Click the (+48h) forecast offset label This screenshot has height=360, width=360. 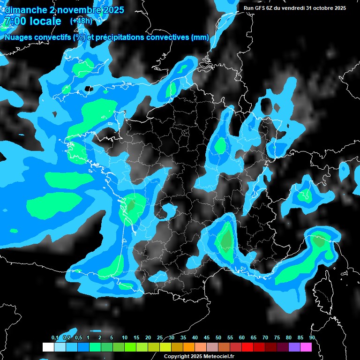coord(81,21)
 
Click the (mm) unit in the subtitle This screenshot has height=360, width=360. coord(200,37)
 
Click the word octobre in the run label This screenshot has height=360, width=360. coord(321,8)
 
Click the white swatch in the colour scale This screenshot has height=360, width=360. coord(48,347)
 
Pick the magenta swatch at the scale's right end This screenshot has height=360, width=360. coord(306,347)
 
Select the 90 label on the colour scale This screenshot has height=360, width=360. coord(312,337)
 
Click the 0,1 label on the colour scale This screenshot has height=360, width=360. coord(55,337)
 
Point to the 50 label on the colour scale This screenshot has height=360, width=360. coord(218,337)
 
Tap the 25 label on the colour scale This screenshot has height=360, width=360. coord(160,337)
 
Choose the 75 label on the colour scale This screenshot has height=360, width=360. coord(277,337)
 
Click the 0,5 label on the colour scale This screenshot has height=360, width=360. coord(78,337)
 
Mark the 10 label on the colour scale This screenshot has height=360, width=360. coord(125,337)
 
